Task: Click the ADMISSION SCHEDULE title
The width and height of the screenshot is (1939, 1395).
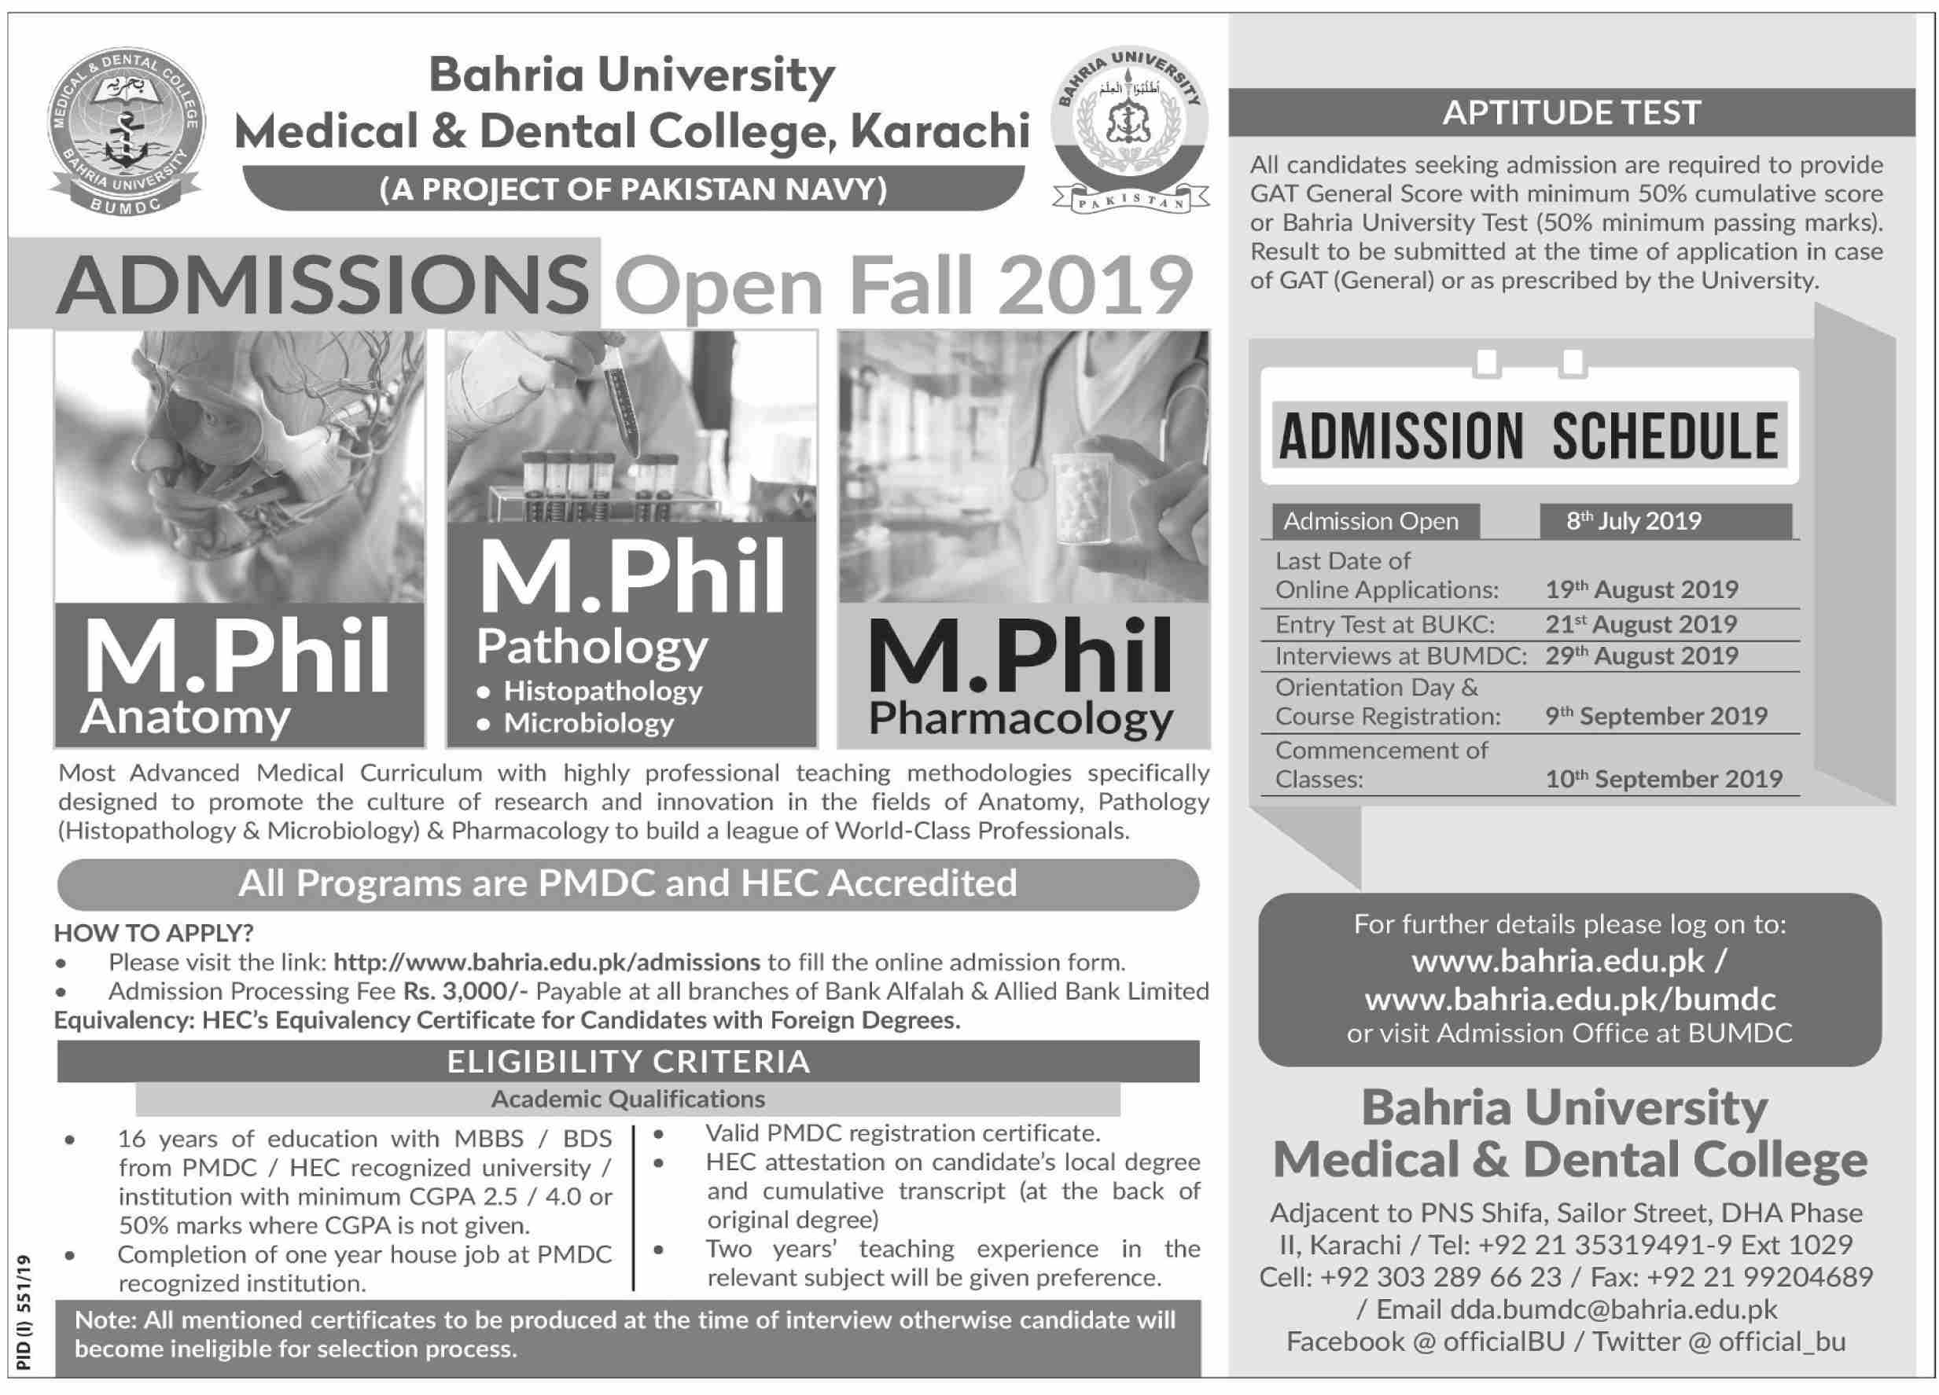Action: click(x=1529, y=436)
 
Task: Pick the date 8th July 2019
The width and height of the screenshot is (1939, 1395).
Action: click(x=1634, y=521)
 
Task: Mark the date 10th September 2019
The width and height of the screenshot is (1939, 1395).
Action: click(x=1664, y=779)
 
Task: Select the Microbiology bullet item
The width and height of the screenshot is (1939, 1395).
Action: click(x=589, y=723)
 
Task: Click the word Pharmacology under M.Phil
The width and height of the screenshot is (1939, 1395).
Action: click(x=1021, y=719)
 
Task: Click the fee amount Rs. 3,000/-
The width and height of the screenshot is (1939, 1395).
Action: click(x=466, y=991)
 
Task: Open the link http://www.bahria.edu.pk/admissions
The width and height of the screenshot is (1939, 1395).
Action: click(x=546, y=963)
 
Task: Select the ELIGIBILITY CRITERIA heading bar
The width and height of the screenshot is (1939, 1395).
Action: click(x=627, y=1062)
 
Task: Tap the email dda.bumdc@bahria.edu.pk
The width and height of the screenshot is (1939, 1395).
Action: click(x=1613, y=1309)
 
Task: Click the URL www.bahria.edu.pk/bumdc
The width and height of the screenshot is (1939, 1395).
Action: click(x=1569, y=998)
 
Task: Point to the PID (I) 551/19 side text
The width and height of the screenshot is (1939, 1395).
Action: click(x=23, y=1313)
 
